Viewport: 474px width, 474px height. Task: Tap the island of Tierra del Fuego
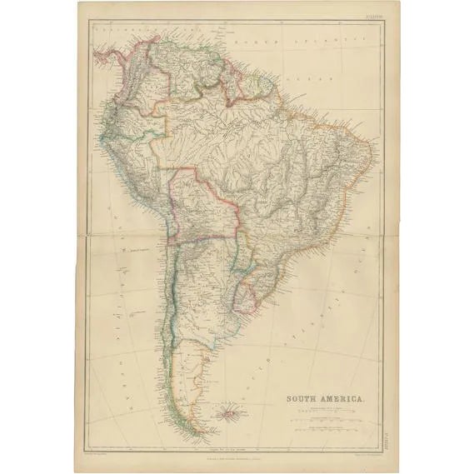[x=190, y=423]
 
